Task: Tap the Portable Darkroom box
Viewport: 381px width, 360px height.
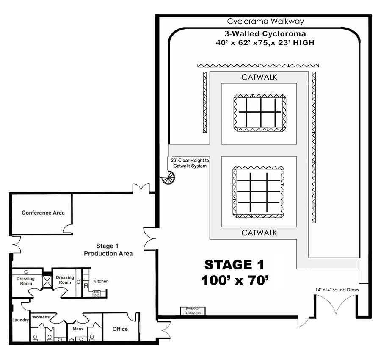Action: pos(193,311)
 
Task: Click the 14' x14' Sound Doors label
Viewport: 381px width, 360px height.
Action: pos(337,290)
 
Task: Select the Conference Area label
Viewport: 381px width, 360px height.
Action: pos(43,213)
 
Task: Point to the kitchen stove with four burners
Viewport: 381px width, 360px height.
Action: pos(97,294)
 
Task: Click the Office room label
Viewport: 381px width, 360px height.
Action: pos(120,329)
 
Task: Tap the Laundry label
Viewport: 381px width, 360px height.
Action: pos(21,320)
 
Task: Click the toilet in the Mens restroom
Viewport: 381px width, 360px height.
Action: pos(92,338)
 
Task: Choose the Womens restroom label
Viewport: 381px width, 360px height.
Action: pos(41,317)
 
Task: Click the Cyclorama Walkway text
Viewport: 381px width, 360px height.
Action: pos(265,22)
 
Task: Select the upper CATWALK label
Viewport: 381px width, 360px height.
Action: pos(259,78)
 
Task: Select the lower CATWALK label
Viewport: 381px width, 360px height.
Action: pos(259,233)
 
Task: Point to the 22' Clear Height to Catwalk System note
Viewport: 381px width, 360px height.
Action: pos(190,163)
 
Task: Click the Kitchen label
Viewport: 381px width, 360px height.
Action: pos(101,281)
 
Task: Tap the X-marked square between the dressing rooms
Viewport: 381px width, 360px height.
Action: pos(47,282)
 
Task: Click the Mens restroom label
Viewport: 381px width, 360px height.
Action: pos(78,329)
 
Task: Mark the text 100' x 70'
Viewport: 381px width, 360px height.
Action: pos(235,280)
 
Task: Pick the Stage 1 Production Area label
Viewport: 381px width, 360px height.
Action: pos(108,250)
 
